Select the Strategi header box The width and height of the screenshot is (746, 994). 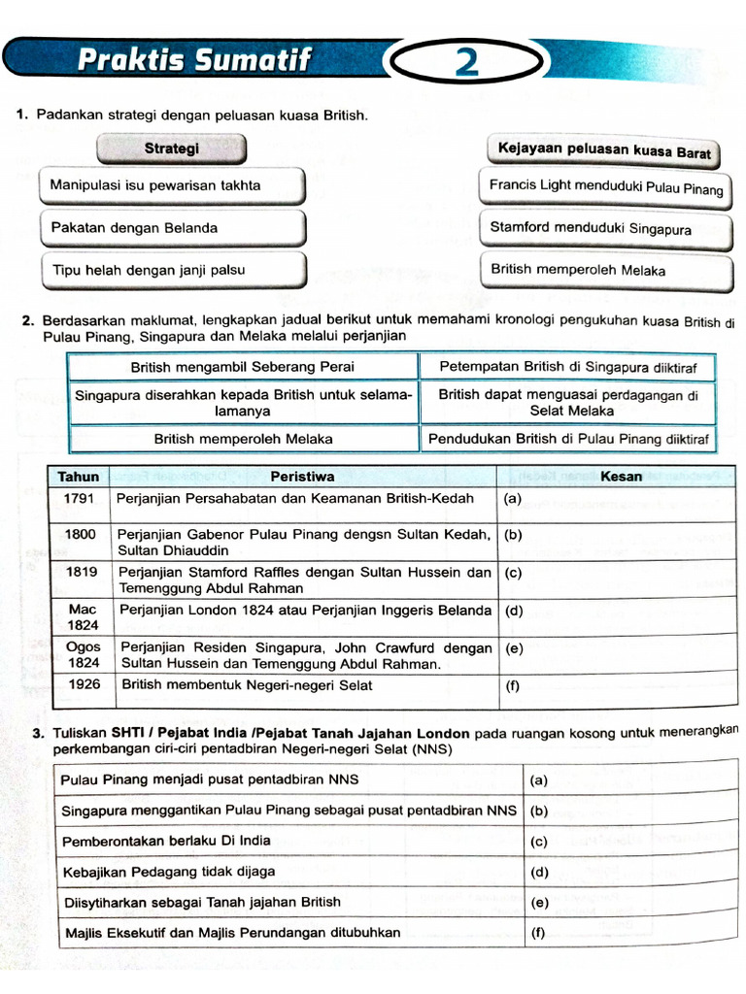pos(171,149)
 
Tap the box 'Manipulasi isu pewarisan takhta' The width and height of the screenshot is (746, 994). pos(172,185)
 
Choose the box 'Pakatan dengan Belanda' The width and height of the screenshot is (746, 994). pos(172,228)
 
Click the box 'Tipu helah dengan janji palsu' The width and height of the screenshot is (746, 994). pos(172,271)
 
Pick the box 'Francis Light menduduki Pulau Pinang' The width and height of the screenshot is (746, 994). pos(605,186)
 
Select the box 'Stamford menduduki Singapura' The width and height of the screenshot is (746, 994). pos(605,229)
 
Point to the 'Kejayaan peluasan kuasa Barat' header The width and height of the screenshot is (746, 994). pos(603,151)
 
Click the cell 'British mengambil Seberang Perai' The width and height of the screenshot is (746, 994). pos(243,367)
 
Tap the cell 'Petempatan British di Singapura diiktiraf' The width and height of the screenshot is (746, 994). pos(568,367)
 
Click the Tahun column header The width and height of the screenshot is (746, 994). pos(79,477)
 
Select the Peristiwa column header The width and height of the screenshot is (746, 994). pos(303,477)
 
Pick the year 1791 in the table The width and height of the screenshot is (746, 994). pos(79,499)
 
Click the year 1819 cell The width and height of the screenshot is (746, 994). pos(81,573)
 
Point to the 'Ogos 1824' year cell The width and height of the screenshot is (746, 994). pos(83,654)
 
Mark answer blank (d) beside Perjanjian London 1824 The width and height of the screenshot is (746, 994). pos(616,612)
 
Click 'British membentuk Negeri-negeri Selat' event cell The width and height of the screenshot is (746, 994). pos(303,685)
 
